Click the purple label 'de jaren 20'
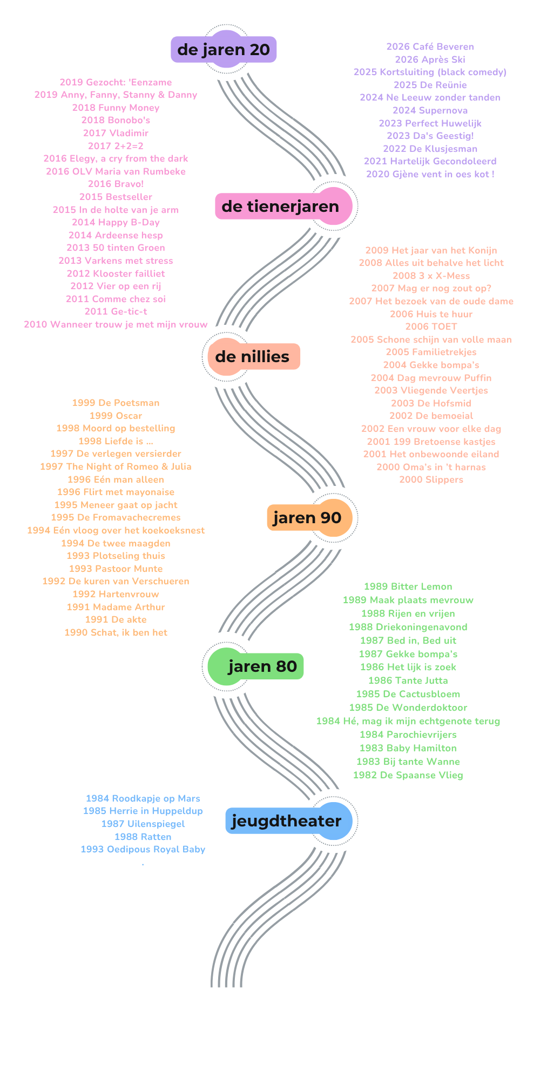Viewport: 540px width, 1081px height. coord(224,50)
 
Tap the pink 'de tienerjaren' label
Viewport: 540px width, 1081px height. coord(280,206)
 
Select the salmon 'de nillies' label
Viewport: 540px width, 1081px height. coord(252,357)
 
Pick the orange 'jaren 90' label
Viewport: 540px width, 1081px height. coord(307,518)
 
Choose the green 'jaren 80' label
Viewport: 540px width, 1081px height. coord(262,666)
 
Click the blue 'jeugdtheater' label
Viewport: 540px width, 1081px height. coord(286,821)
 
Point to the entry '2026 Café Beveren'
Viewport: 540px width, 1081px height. coord(430,47)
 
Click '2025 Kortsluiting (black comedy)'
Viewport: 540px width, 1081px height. coord(430,72)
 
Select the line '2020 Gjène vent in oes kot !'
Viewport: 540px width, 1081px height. coord(430,174)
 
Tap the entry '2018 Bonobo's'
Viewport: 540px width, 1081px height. coord(116,120)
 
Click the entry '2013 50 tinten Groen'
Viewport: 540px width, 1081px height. coord(116,248)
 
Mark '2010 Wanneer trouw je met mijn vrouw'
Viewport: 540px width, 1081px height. coord(116,324)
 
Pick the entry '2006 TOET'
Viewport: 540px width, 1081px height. coord(431,326)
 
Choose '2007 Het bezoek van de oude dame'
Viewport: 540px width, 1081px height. coord(431,301)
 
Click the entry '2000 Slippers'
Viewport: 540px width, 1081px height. coord(431,479)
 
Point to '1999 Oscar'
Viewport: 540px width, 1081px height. coord(116,416)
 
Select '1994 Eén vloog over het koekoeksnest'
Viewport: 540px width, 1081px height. coord(116,530)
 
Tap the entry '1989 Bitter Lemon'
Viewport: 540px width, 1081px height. coord(408,586)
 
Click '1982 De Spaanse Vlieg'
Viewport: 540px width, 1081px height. coord(408,775)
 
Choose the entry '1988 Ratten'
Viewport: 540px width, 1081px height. coord(143,837)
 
